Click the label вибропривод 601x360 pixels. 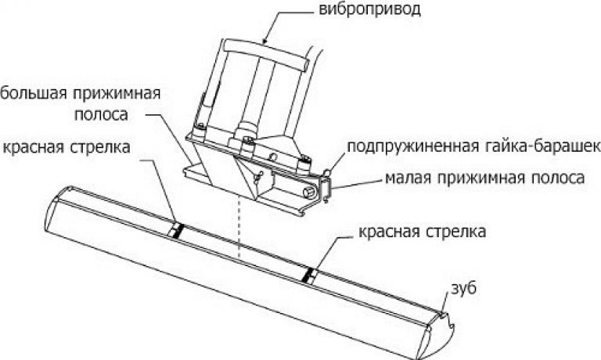click(370, 10)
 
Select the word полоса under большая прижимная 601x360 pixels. click(101, 114)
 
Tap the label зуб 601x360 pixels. click(464, 289)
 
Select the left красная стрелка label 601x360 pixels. click(67, 147)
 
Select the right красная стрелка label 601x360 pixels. click(423, 232)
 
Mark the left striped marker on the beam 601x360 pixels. click(177, 231)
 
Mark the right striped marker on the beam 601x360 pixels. click(310, 275)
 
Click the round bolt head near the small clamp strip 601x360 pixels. click(308, 192)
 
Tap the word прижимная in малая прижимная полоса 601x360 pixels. click(482, 178)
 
